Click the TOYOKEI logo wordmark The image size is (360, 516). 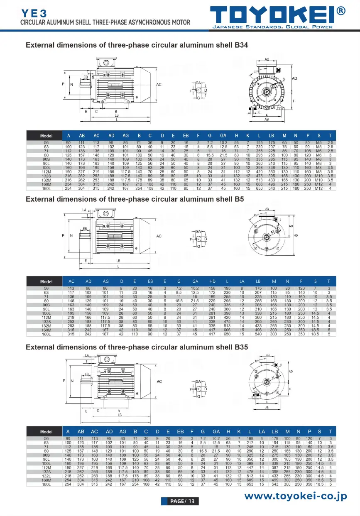pyautogui.click(x=272, y=15)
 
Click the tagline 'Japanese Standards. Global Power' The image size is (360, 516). pyautogui.click(x=272, y=27)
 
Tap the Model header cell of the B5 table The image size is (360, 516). pyautogui.click(x=47, y=281)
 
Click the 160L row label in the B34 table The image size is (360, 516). pyautogui.click(x=47, y=188)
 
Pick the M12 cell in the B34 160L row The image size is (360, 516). pyautogui.click(x=319, y=188)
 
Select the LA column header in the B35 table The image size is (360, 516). pyautogui.click(x=262, y=431)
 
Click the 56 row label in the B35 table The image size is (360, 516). pyautogui.click(x=47, y=438)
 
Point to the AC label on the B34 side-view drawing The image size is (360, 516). pyautogui.click(x=159, y=85)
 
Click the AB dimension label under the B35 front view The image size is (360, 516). pyautogui.click(x=267, y=407)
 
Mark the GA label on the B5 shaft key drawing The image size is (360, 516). pyautogui.click(x=198, y=231)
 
